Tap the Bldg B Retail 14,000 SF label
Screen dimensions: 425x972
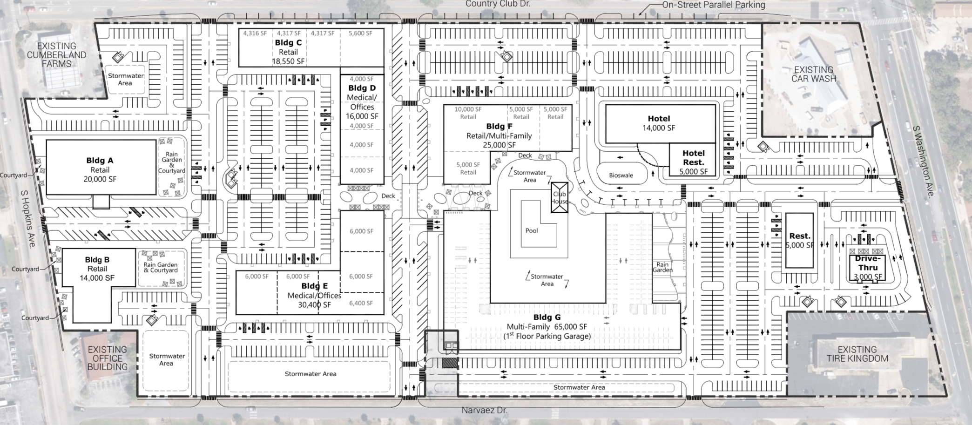(x=97, y=269)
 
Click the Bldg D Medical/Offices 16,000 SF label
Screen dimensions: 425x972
(x=362, y=102)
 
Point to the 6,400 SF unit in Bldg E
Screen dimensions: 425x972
(x=361, y=303)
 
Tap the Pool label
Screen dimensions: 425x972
(x=531, y=230)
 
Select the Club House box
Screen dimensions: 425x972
(x=559, y=197)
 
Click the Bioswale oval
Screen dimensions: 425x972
(x=621, y=175)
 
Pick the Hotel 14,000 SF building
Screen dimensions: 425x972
(x=659, y=123)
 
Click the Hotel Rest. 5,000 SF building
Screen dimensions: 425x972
(x=693, y=162)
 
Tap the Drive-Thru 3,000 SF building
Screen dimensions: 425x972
(x=868, y=268)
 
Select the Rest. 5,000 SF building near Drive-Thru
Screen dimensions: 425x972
(x=799, y=240)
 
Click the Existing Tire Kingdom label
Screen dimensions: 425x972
(x=857, y=354)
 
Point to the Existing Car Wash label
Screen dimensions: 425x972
(x=813, y=74)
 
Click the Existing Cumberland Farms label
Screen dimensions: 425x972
(x=56, y=55)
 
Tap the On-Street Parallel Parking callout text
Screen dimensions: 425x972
(x=714, y=5)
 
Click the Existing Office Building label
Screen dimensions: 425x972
(x=107, y=358)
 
